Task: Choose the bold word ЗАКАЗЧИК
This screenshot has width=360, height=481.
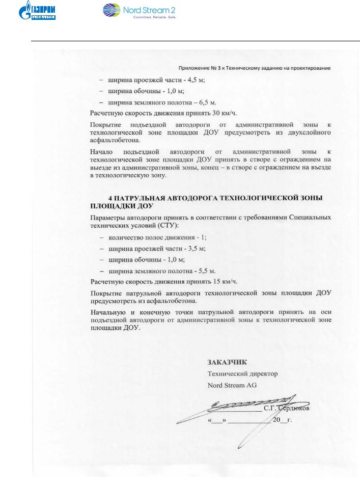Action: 227,363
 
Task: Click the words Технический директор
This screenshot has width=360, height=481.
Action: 242,374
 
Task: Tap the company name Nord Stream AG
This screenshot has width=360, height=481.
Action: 232,385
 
